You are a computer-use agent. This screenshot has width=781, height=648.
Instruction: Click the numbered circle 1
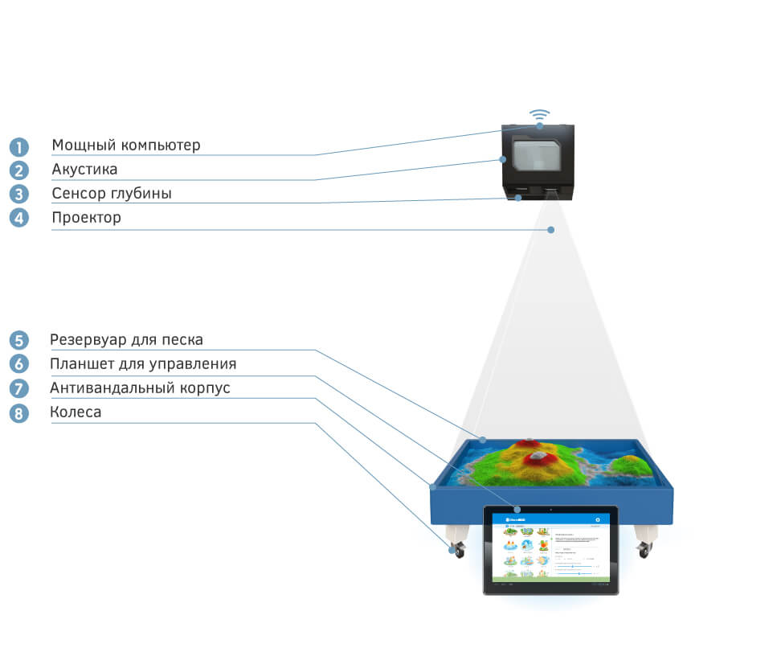[x=18, y=147]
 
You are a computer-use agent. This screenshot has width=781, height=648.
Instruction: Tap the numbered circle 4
[x=18, y=218]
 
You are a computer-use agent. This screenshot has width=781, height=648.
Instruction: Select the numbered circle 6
[x=18, y=364]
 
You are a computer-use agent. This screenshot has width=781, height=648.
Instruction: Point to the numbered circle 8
[x=18, y=413]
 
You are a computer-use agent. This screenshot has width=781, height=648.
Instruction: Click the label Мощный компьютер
[x=126, y=146]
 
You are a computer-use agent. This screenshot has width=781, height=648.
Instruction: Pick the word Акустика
[x=84, y=170]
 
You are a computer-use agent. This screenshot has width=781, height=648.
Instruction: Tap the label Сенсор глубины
[x=112, y=194]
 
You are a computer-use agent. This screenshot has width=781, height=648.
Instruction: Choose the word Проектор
[x=87, y=217]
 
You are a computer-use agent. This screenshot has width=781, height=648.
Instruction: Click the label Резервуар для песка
[x=126, y=339]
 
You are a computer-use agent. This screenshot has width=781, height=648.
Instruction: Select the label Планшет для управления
[x=143, y=363]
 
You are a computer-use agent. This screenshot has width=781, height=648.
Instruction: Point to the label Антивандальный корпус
[x=140, y=388]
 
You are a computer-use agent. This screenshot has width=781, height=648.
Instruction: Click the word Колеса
[x=76, y=412]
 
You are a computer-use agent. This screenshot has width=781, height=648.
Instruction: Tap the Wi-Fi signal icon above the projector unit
[x=540, y=116]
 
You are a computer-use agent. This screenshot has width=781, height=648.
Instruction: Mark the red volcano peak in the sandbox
[x=536, y=458]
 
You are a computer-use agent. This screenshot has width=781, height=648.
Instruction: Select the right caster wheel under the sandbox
[x=644, y=549]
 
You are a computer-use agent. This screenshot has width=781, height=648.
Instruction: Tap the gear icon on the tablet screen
[x=597, y=520]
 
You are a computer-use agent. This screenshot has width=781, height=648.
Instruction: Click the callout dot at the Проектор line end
[x=551, y=230]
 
